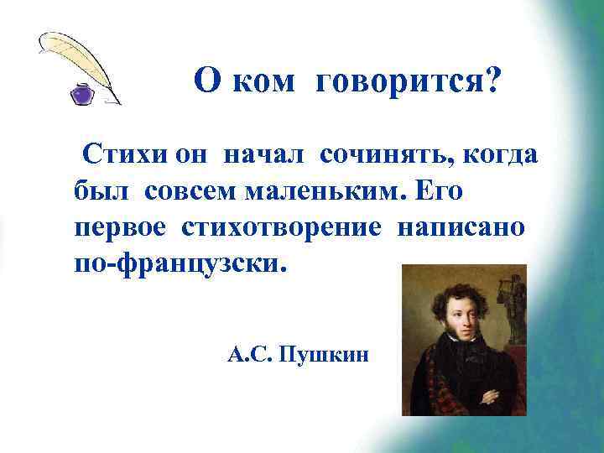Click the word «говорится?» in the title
click(x=409, y=81)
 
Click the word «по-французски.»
click(x=180, y=265)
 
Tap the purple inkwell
click(x=82, y=92)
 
